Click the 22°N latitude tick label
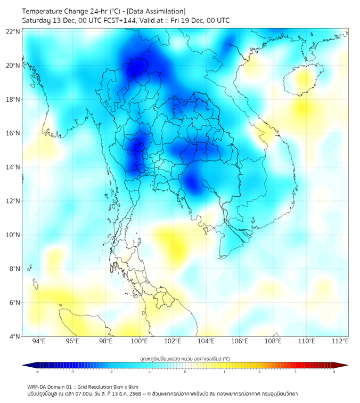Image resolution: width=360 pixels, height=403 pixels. click(x=13, y=31)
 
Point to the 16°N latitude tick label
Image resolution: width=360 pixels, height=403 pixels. click(x=13, y=133)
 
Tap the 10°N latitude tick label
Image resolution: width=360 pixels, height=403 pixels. click(x=13, y=235)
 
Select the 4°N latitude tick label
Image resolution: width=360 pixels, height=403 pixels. click(x=14, y=336)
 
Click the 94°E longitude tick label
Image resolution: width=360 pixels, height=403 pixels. click(x=39, y=341)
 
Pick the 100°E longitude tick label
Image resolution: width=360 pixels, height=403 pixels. click(x=139, y=341)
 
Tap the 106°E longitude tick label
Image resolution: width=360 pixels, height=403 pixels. click(x=240, y=341)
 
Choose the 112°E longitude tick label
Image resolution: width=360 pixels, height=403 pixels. click(x=340, y=341)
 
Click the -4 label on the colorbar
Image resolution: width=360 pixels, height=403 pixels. click(x=36, y=372)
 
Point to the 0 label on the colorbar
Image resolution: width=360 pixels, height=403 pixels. click(x=185, y=372)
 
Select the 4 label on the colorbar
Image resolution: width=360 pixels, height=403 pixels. click(x=333, y=372)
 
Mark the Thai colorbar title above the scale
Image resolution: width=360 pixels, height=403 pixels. click(x=185, y=359)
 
